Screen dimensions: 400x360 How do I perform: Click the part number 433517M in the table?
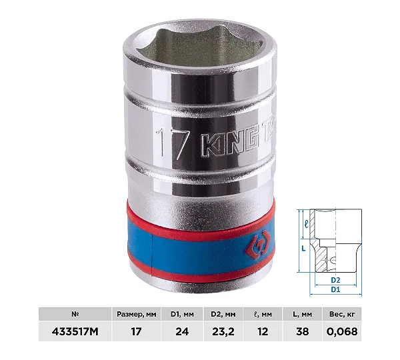tap(75, 332)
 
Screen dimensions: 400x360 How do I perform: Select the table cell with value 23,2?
tap(223, 332)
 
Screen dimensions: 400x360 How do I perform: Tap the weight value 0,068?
tap(342, 332)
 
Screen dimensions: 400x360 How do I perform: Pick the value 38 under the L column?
tap(303, 332)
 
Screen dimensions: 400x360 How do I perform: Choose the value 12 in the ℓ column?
tap(263, 332)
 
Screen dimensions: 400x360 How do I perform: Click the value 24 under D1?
tap(182, 332)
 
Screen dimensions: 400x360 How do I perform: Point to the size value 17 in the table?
tap(136, 332)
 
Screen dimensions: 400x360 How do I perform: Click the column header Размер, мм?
tap(137, 314)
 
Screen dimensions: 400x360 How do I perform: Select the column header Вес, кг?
tap(342, 314)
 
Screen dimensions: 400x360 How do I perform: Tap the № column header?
tap(75, 314)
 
